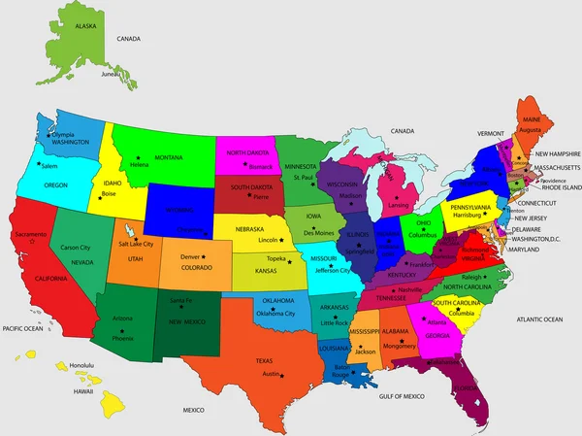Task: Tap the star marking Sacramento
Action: pos(32,242)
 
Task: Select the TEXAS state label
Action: pos(264,360)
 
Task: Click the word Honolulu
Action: pos(84,365)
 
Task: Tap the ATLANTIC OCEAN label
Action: pos(539,319)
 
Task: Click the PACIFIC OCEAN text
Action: pos(22,329)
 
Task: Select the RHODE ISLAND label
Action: pos(560,187)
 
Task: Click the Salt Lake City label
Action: pos(136,245)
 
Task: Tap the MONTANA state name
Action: pos(169,157)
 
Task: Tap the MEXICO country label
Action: pos(195,410)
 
